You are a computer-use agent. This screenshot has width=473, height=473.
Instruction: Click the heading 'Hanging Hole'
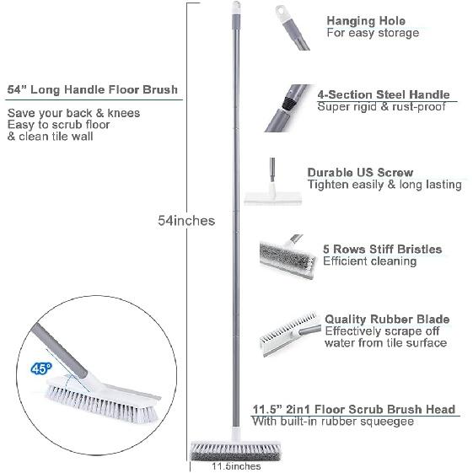coord(365,21)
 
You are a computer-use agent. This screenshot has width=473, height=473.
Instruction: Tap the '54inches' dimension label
coord(186,221)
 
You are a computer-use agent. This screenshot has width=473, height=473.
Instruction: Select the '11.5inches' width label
coord(236,466)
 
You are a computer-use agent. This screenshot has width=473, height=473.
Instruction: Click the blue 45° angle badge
coord(40,368)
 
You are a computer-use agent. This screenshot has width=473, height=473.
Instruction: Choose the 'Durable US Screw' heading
coord(360,172)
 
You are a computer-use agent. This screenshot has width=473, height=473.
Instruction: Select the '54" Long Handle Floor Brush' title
coord(92,90)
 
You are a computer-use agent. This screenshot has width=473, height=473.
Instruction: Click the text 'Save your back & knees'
coord(73,113)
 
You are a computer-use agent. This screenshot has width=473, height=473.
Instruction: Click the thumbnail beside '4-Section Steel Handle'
coord(288,106)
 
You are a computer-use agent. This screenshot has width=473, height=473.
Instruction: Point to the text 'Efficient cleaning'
coord(369,262)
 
